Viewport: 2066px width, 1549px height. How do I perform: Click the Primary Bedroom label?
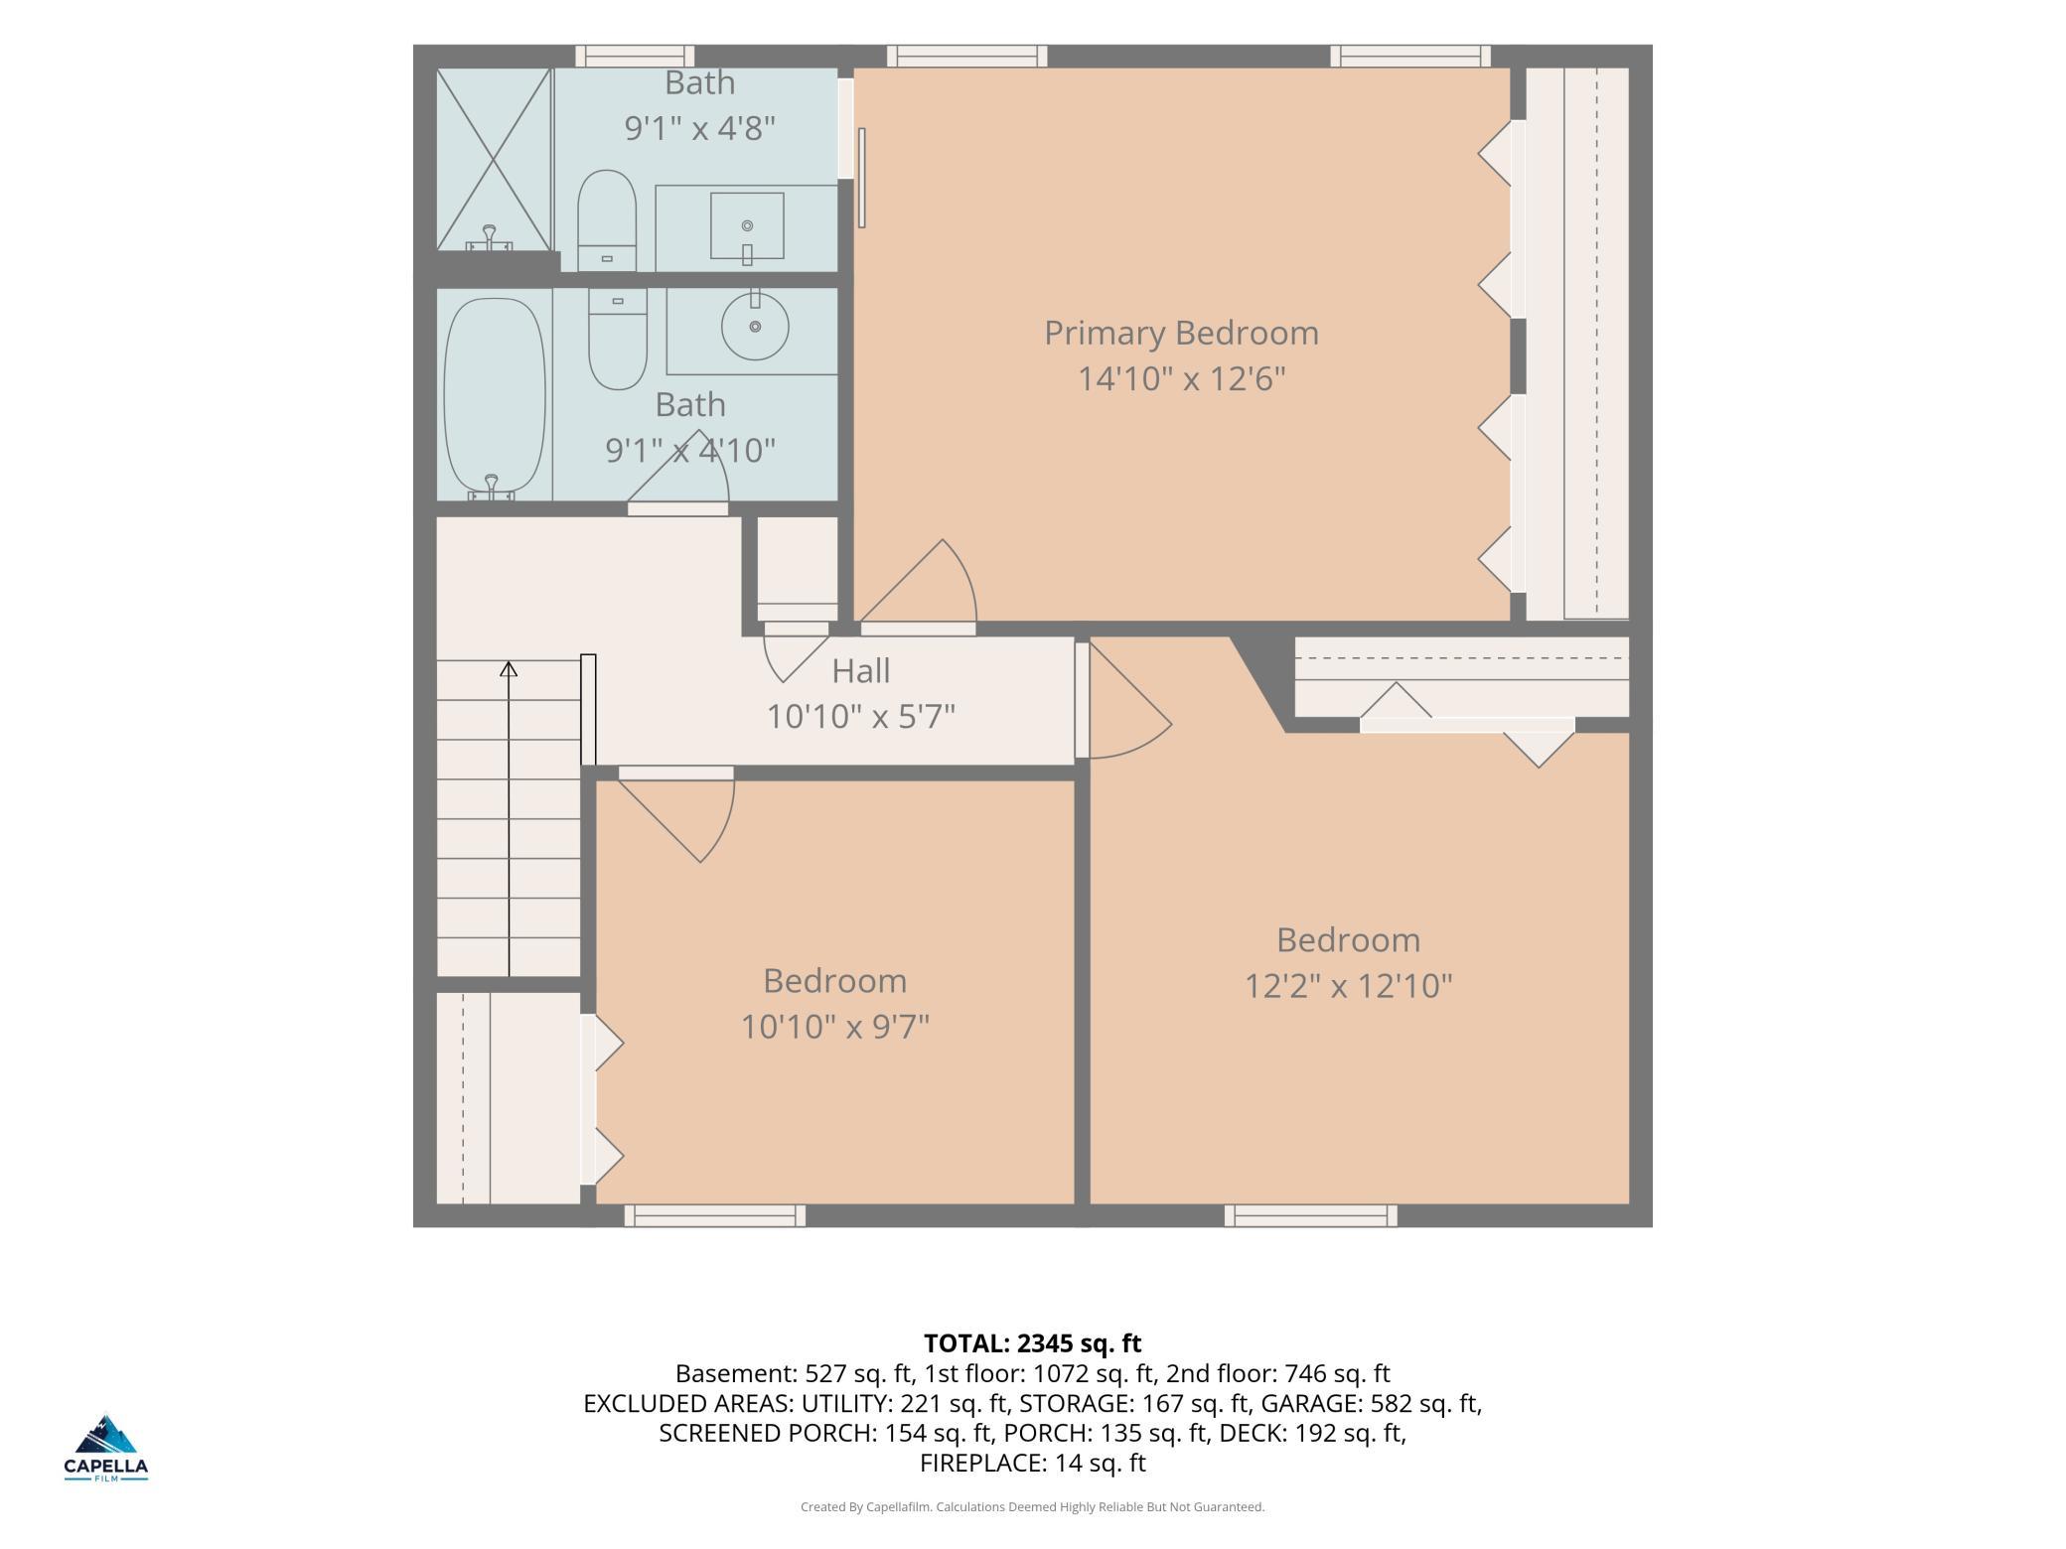[x=1181, y=333]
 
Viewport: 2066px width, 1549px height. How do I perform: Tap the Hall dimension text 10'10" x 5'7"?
[x=860, y=716]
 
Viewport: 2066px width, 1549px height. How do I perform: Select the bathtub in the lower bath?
[x=495, y=398]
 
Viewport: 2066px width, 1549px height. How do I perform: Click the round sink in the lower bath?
[x=755, y=325]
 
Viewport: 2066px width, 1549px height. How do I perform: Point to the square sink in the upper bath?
[x=747, y=226]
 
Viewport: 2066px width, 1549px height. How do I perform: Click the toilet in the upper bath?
[x=606, y=219]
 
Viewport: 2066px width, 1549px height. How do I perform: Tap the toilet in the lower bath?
[x=618, y=339]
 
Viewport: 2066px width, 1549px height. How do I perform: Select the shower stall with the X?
[x=494, y=159]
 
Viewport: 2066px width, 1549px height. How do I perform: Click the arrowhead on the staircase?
[x=509, y=668]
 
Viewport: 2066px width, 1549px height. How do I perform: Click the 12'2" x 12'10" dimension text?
[x=1349, y=986]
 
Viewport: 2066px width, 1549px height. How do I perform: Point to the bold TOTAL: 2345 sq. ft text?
[x=1033, y=1343]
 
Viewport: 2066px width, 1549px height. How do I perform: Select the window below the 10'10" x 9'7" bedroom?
[x=715, y=1215]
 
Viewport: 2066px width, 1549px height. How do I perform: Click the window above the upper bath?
[x=635, y=57]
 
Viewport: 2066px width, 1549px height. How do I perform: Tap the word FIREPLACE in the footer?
[x=979, y=1463]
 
